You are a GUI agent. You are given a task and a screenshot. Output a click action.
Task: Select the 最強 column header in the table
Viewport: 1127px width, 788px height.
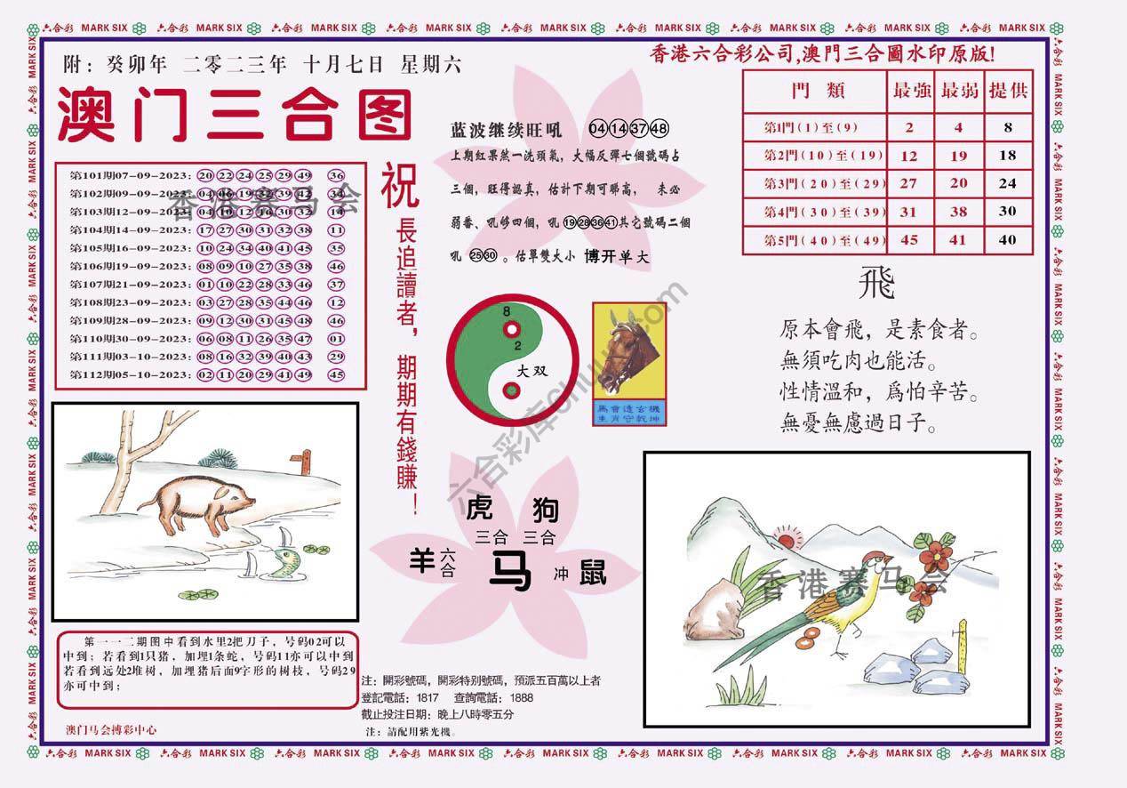coord(908,91)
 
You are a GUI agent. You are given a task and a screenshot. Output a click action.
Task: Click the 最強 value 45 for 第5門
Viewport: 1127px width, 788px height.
coord(908,240)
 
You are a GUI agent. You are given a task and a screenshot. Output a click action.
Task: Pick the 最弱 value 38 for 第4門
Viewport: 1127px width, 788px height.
coord(958,212)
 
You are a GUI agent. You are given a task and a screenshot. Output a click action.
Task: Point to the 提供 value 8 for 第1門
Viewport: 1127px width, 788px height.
coord(1008,127)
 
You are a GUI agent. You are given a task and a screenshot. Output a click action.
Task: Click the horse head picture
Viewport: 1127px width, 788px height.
coord(629,351)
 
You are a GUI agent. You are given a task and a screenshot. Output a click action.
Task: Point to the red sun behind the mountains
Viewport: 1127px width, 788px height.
coord(787,536)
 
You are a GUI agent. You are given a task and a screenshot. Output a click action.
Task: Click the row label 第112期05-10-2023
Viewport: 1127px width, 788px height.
coord(130,375)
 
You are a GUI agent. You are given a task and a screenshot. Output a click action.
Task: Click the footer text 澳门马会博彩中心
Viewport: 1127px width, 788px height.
coord(112,729)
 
